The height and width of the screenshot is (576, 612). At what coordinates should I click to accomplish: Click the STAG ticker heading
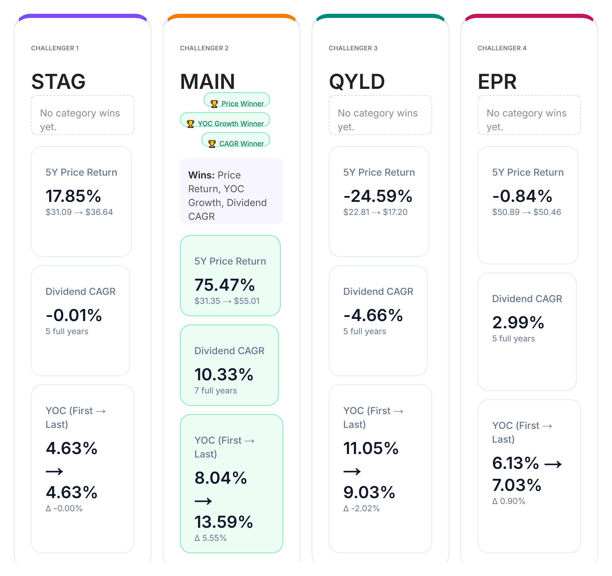tap(58, 82)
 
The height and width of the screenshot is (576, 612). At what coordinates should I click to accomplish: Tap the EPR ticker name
tap(497, 82)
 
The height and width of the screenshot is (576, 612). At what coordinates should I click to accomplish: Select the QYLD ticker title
tap(357, 82)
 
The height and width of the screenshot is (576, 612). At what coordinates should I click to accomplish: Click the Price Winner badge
tap(237, 103)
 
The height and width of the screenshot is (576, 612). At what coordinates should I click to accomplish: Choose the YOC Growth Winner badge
tap(225, 123)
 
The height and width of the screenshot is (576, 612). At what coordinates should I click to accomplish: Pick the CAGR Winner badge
tap(236, 143)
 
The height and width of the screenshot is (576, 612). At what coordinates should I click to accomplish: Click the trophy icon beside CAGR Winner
tap(212, 144)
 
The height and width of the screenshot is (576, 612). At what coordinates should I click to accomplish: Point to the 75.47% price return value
tap(224, 285)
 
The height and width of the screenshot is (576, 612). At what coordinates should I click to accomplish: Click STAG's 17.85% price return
tap(73, 196)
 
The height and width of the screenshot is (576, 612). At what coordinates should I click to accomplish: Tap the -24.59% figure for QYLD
tap(378, 196)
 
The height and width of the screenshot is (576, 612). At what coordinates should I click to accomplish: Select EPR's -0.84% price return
tap(522, 196)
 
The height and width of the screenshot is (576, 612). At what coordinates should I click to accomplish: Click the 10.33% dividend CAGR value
tap(224, 374)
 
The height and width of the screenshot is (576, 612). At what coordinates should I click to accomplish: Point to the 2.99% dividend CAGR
tap(518, 322)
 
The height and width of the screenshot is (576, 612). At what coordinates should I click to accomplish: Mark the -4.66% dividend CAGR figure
tap(373, 315)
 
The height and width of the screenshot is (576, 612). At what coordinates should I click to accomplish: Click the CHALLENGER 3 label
tap(353, 48)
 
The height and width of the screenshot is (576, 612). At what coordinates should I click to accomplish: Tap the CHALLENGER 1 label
tap(55, 48)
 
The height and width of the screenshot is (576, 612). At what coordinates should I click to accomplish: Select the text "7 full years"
tap(216, 391)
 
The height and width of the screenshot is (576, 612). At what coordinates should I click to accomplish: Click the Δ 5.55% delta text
tap(211, 538)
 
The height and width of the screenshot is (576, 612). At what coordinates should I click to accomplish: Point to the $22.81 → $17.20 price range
tap(375, 212)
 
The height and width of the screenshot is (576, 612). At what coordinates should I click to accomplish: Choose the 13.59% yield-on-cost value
tap(224, 522)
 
